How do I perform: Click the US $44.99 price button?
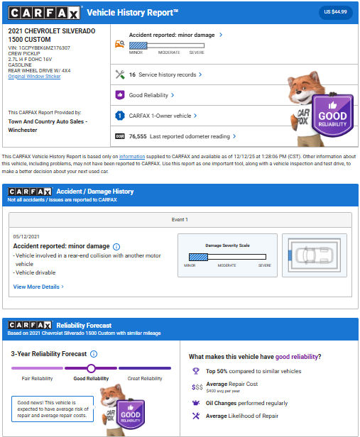coord(335,12)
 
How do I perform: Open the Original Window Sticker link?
coord(34,77)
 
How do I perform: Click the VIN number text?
coord(39,48)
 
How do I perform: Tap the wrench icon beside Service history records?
coord(120,74)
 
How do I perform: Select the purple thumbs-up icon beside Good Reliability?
coord(120,95)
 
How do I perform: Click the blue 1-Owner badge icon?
coord(120,116)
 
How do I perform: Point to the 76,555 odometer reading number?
coord(138,136)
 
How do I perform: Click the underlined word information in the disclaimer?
coord(132,157)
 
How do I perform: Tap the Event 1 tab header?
coord(180,220)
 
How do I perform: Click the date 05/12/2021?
coord(26,237)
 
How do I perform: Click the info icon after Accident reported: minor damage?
coord(116,247)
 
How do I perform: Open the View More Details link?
coord(38,287)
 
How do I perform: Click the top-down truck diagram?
coord(315,255)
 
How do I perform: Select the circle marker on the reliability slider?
coord(91,368)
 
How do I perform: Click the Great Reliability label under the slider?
coord(145,379)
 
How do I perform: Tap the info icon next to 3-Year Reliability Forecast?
coord(94,354)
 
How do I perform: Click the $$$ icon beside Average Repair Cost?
coord(197,387)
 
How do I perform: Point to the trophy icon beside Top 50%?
coord(196,371)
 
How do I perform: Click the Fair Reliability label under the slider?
coord(37,379)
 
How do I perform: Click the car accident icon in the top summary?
coord(119,44)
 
